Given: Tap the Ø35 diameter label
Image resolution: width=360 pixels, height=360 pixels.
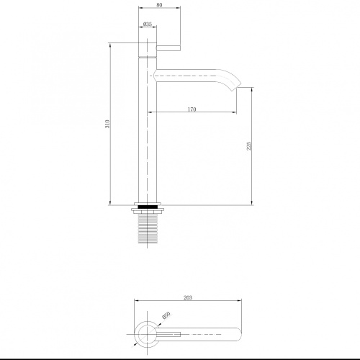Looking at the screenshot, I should pyautogui.click(x=147, y=23).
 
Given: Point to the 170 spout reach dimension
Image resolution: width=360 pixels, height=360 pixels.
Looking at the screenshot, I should pyautogui.click(x=192, y=109).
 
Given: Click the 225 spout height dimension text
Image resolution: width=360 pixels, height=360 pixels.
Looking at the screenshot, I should pyautogui.click(x=248, y=147).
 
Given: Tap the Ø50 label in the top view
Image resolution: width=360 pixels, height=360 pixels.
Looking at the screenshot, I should pyautogui.click(x=166, y=315).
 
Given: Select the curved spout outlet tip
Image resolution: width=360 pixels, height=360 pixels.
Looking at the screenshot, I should pyautogui.click(x=234, y=85).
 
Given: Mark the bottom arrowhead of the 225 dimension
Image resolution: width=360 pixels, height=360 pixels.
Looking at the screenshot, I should pyautogui.click(x=251, y=202).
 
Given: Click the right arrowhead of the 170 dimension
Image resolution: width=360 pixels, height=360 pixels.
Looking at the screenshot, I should pyautogui.click(x=235, y=112).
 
